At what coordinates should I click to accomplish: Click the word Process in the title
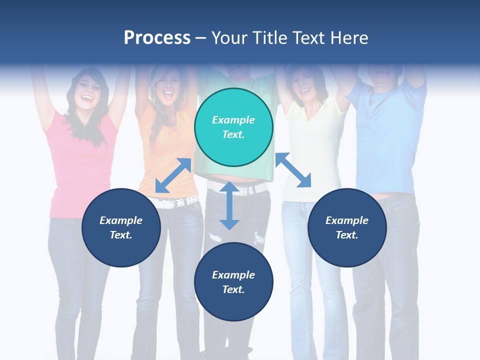tap(157, 38)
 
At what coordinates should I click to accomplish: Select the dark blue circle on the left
tap(121, 227)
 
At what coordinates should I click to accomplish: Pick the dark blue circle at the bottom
tap(233, 282)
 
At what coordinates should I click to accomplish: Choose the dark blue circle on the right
tap(347, 227)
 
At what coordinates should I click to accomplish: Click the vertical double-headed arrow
tap(229, 206)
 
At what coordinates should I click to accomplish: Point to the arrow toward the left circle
tap(173, 175)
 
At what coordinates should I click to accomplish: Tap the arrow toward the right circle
tap(293, 170)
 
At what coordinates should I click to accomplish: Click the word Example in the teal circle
tap(233, 120)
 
